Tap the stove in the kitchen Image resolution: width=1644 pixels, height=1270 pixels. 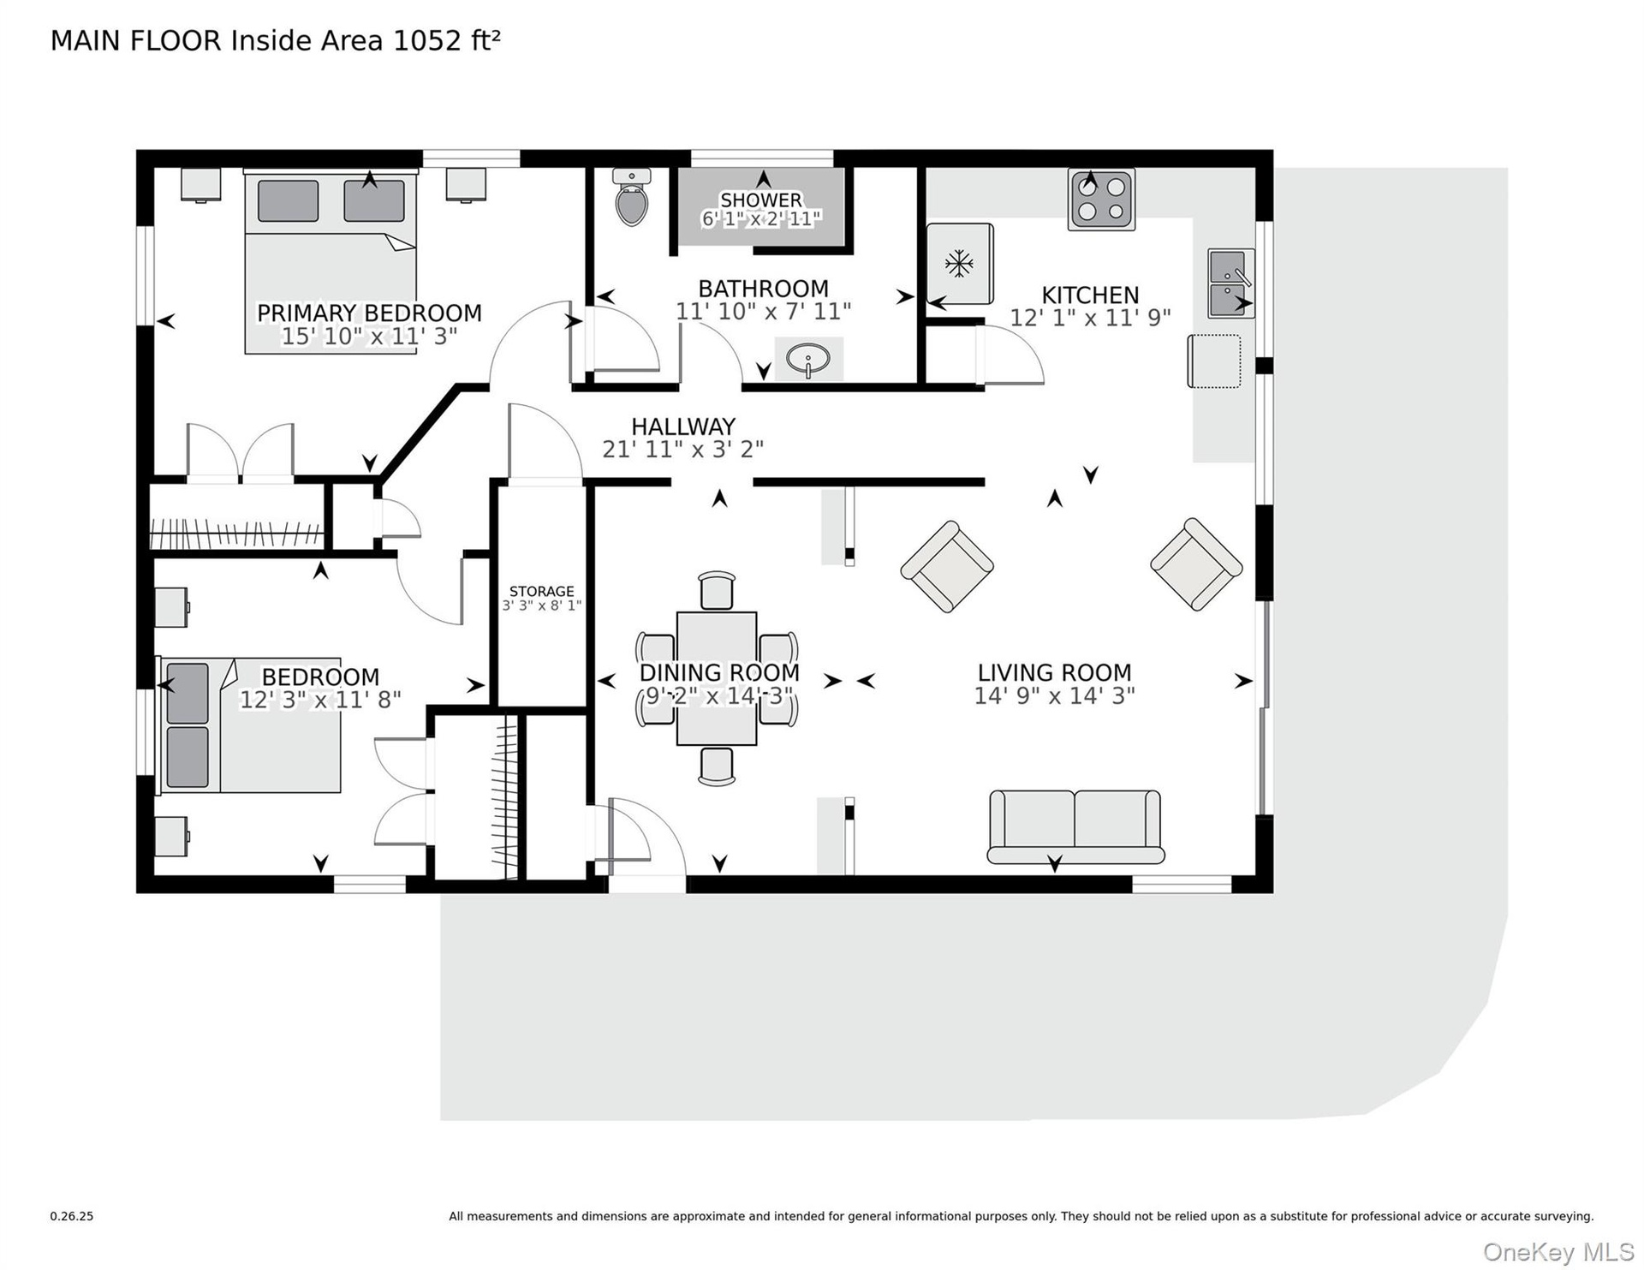pos(1101,200)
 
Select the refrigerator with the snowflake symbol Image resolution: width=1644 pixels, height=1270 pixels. pos(960,264)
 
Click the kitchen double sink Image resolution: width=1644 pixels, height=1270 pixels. pos(1231,283)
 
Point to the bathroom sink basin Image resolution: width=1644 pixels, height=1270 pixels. pos(807,358)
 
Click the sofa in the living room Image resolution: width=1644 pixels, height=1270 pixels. pos(1075,826)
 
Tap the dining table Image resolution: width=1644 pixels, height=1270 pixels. pos(717,678)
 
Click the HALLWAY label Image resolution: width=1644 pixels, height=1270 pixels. pos(683,426)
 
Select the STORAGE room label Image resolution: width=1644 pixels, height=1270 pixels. pos(542,591)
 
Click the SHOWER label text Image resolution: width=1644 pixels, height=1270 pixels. pos(761,200)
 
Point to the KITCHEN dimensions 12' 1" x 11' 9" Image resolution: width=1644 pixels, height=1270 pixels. pos(1090,318)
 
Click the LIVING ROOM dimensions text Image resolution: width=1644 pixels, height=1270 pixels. pos(1055,695)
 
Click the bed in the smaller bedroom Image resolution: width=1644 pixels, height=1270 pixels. pos(249,724)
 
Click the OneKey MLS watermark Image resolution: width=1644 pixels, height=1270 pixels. pos(1558,1252)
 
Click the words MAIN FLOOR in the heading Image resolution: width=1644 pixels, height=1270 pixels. pos(136,40)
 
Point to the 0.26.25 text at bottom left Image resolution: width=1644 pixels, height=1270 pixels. pos(72,1216)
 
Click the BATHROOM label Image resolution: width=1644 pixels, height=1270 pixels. pos(764,289)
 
